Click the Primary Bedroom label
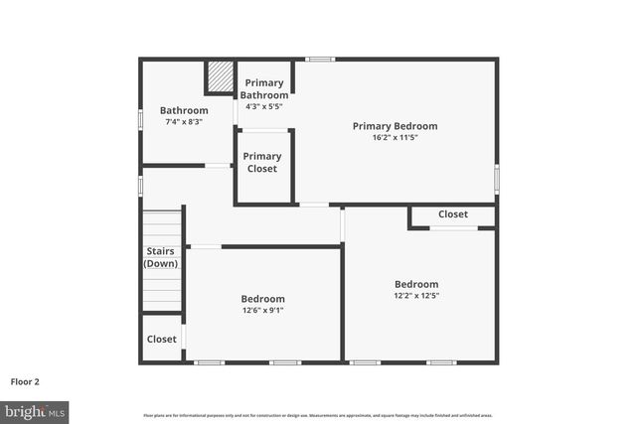395,126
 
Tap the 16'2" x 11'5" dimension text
395,138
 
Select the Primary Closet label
262,162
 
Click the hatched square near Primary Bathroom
219,77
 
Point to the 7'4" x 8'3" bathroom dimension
184,122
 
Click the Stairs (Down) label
162,257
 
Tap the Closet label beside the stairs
162,339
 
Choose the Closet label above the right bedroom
453,213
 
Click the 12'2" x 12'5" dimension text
416,295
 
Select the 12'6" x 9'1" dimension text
262,310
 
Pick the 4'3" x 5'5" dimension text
264,106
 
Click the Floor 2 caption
25,380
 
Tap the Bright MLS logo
35,410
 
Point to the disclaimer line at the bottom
318,415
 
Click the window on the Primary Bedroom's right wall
497,177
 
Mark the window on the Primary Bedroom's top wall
320,60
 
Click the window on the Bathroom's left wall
140,120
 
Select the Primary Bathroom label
264,89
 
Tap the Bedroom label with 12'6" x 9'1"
262,299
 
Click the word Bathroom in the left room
184,110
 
